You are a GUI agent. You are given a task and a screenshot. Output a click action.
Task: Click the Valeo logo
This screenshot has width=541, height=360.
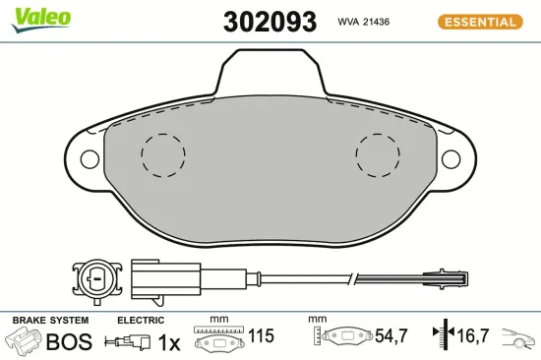(x=40, y=17)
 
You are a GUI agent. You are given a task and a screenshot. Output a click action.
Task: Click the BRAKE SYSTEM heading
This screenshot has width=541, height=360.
(x=49, y=320)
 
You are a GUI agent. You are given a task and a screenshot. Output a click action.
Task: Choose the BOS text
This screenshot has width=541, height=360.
(x=69, y=341)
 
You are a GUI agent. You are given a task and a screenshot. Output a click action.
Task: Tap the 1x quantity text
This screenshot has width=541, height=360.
(x=170, y=341)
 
